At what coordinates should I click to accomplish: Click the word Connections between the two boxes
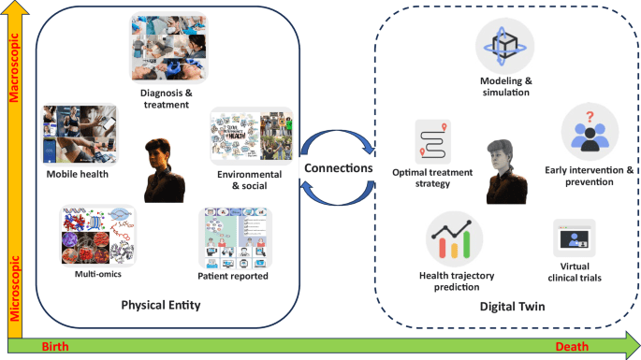tap(337, 168)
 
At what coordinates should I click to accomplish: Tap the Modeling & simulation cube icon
tap(503, 44)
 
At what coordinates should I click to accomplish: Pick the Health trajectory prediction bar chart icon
tap(454, 238)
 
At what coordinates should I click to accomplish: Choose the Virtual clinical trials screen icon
tap(574, 240)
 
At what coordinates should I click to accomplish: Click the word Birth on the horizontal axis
tap(55, 347)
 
